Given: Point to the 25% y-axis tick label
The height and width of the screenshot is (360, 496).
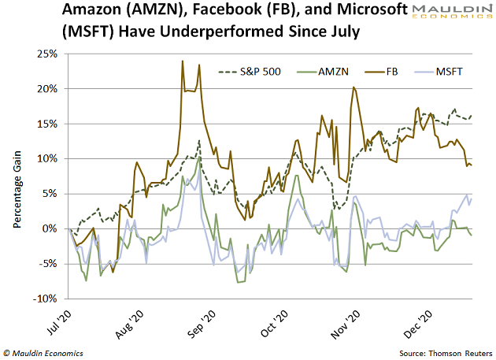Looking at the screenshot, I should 46,54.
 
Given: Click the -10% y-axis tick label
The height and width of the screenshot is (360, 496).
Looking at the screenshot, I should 44,299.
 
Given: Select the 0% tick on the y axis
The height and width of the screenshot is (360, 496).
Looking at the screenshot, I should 49,229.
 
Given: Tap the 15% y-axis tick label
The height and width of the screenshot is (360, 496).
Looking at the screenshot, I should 46,124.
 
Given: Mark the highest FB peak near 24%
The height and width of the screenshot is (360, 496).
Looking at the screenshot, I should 183,61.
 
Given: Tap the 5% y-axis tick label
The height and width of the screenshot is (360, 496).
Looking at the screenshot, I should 49,194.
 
